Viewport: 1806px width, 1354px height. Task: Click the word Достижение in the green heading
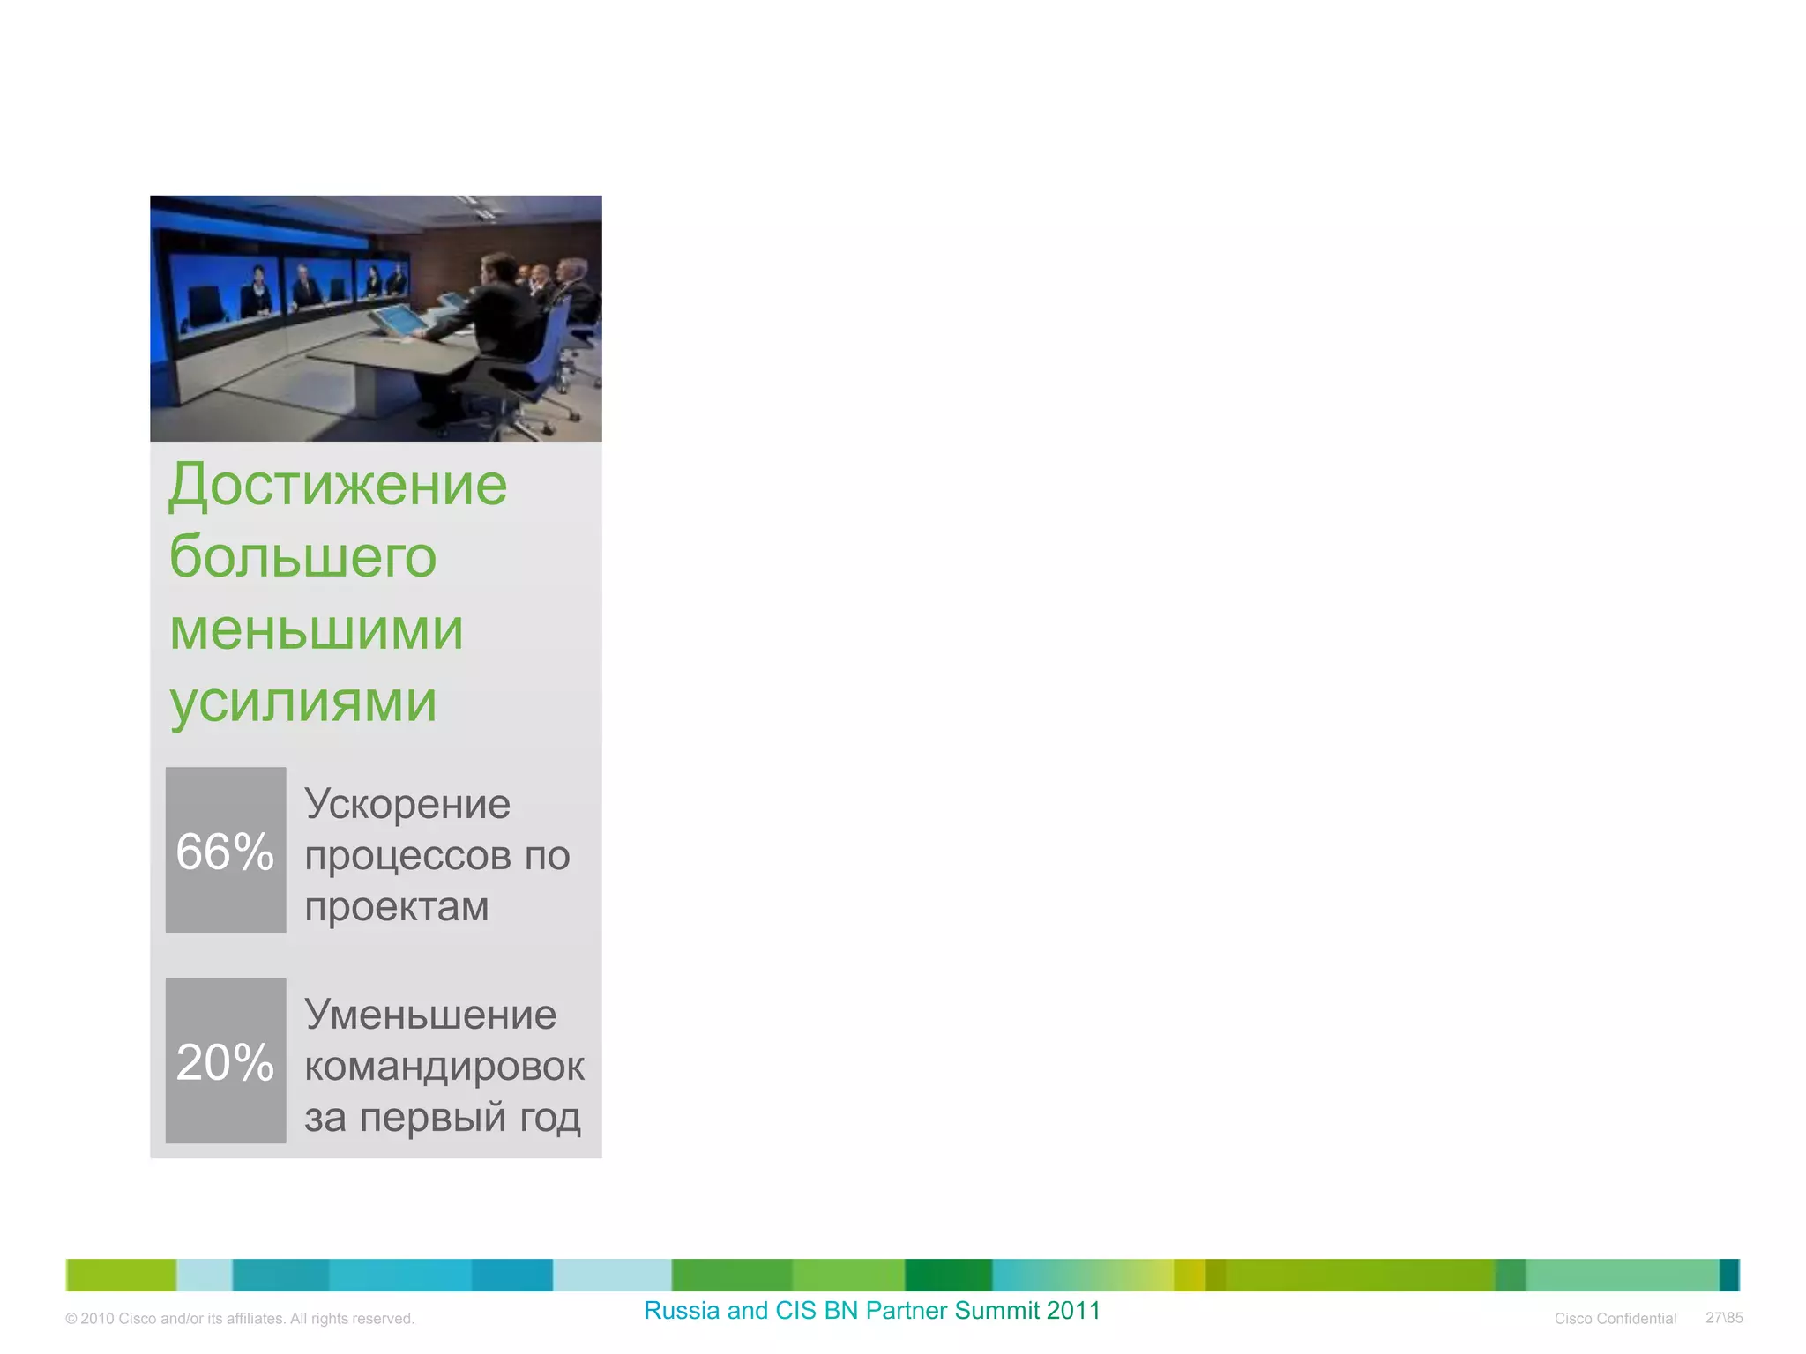(x=338, y=485)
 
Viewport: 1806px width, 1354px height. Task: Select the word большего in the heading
(x=302, y=557)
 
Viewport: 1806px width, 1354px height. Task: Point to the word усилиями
(x=302, y=703)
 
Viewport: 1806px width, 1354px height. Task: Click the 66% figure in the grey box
(x=225, y=852)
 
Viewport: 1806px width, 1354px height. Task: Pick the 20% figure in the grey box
(x=225, y=1062)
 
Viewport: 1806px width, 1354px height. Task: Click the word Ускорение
(x=407, y=804)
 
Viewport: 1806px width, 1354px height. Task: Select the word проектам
(x=397, y=907)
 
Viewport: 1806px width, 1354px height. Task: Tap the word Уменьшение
(x=430, y=1015)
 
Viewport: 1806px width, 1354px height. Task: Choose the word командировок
(x=444, y=1067)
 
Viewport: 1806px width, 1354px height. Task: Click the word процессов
(x=407, y=856)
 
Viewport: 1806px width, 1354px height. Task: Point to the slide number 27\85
(x=1724, y=1318)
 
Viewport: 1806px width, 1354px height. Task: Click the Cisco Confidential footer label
(x=1615, y=1319)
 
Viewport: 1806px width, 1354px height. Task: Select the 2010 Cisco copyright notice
(x=240, y=1319)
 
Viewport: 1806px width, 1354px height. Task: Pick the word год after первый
(x=550, y=1118)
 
